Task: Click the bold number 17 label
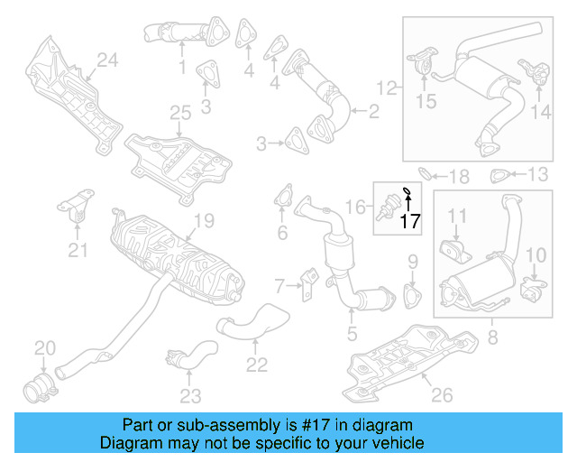(x=410, y=220)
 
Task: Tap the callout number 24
(x=108, y=60)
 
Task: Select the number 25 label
(x=180, y=113)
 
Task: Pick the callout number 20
(x=44, y=347)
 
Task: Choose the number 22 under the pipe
(x=257, y=365)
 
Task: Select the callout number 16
(x=357, y=208)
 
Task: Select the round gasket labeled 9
(x=414, y=297)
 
